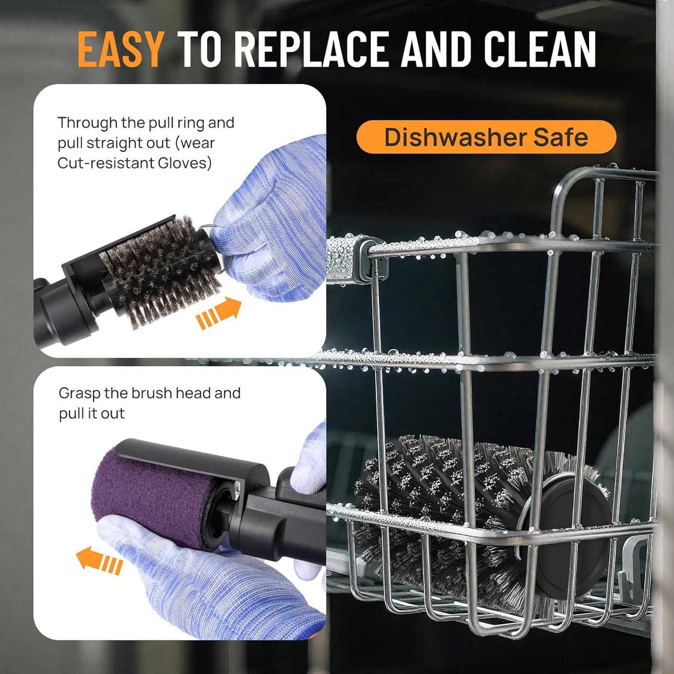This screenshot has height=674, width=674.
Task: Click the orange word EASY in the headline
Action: tap(120, 49)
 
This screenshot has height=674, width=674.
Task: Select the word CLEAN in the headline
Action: tap(540, 49)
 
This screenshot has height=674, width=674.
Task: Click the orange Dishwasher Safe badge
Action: tap(486, 137)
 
